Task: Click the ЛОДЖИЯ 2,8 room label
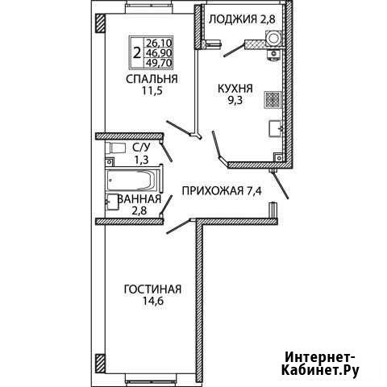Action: pos(242,19)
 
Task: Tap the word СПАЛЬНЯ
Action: pos(152,79)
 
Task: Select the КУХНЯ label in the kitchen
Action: pos(235,89)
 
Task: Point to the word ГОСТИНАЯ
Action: pos(152,289)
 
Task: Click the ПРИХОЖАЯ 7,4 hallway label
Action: pos(222,191)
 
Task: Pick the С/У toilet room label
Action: pos(141,147)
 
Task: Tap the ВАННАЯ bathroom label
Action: pos(139,199)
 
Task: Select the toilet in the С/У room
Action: pos(115,148)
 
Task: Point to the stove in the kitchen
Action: pos(273,100)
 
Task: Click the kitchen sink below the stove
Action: pos(275,129)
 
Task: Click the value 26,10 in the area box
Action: pos(159,43)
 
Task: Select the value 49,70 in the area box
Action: pos(159,63)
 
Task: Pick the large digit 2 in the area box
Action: pos(137,52)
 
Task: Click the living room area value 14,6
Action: pos(152,301)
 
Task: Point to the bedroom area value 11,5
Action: pos(152,91)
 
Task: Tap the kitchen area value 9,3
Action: pos(235,100)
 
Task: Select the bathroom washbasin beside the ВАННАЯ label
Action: pos(112,202)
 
